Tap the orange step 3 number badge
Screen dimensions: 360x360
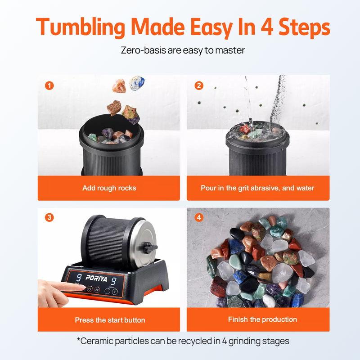pyautogui.click(x=49, y=217)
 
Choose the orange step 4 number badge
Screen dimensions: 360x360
pyautogui.click(x=199, y=217)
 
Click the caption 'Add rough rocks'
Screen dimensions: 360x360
pyautogui.click(x=109, y=188)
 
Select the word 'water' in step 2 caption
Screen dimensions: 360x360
pyautogui.click(x=303, y=188)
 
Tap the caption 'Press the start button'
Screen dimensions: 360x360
pyautogui.click(x=110, y=320)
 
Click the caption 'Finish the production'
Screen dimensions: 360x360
pyautogui.click(x=262, y=319)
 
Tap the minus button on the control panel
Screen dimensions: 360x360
pyautogui.click(x=107, y=291)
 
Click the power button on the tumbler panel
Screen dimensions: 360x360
pyautogui.click(x=89, y=289)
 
